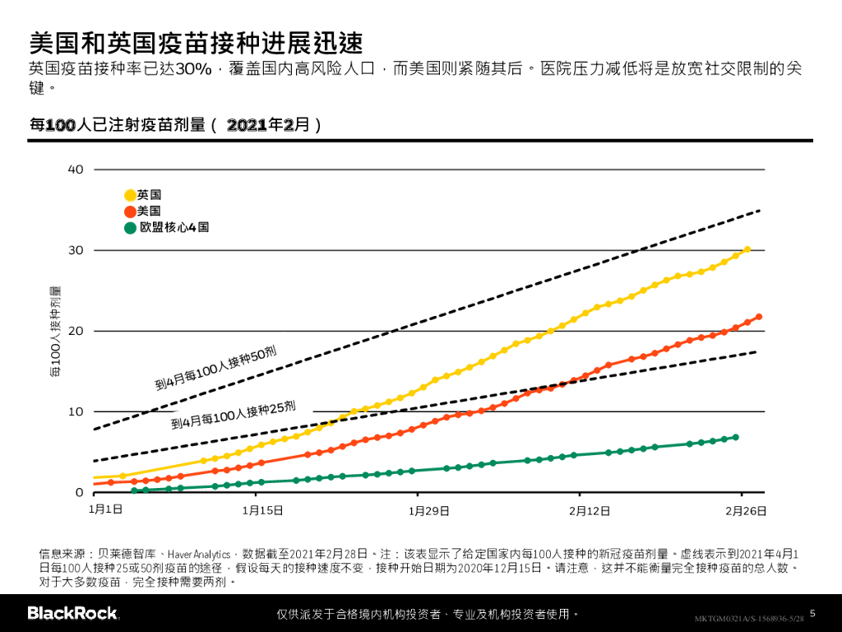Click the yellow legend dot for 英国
coord(130,195)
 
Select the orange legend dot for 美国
coord(130,211)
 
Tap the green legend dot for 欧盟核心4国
coord(130,227)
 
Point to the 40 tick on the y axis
coord(76,170)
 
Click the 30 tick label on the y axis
coord(76,250)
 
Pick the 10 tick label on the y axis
coord(76,411)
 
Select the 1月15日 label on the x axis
coord(262,510)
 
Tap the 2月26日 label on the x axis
coord(746,510)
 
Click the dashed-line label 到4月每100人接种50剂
coord(216,368)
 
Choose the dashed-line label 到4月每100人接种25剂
coord(233,416)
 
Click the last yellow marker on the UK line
coord(747,249)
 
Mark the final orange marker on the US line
coord(758,317)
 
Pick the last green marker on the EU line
coord(735,437)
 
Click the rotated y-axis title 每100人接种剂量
coord(55,332)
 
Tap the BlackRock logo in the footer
coord(72,613)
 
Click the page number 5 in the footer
coord(812,613)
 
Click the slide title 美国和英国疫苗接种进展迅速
coord(196,43)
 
